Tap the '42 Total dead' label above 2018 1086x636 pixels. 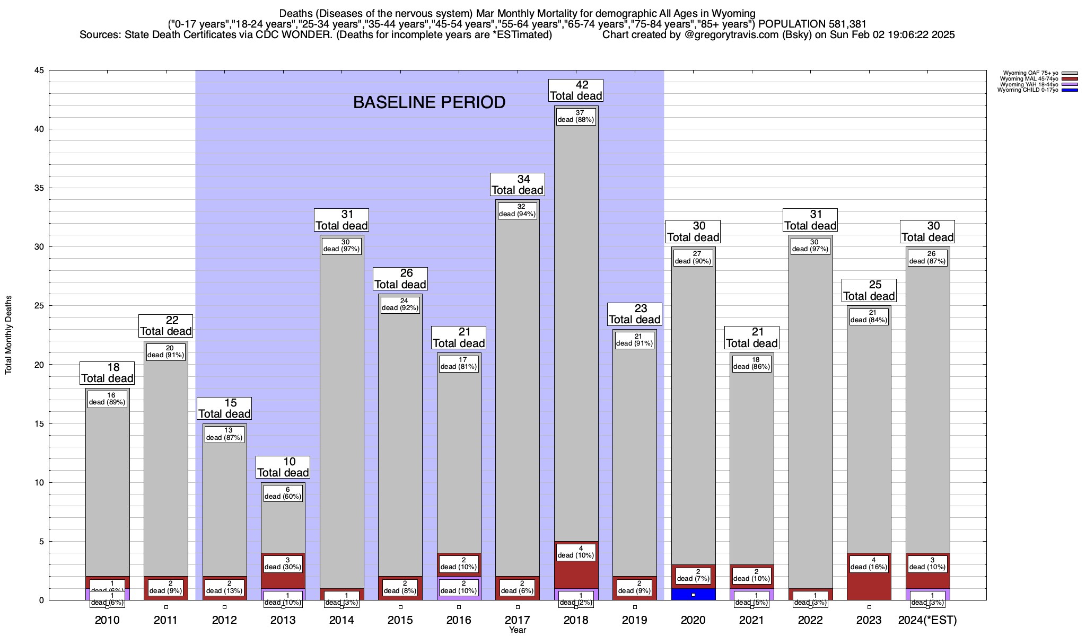click(x=576, y=91)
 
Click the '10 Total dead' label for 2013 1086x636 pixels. click(x=283, y=467)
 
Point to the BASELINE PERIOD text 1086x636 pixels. click(x=429, y=102)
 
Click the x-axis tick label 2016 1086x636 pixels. click(x=459, y=620)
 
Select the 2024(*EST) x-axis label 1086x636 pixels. click(x=927, y=620)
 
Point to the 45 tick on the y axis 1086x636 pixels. click(x=39, y=70)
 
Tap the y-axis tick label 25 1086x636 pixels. click(x=39, y=306)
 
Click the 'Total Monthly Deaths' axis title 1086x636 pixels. click(x=8, y=335)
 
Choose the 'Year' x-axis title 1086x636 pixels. click(x=517, y=630)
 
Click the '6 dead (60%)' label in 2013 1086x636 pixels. click(x=283, y=493)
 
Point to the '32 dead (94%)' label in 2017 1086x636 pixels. click(x=518, y=211)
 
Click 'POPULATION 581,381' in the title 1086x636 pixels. click(x=812, y=24)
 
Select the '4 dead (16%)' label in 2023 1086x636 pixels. click(x=869, y=564)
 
